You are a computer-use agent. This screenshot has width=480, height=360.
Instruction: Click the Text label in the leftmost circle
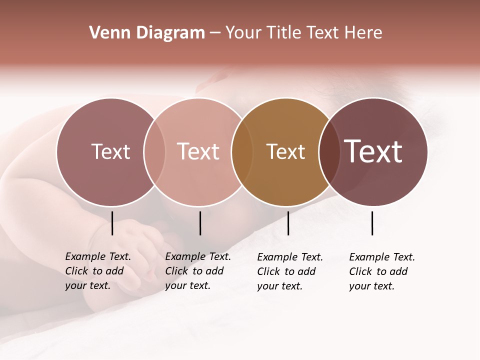coord(110,151)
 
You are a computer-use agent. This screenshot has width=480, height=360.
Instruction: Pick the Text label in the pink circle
coord(198,151)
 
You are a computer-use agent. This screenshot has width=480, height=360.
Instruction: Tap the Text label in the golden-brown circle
coord(285,151)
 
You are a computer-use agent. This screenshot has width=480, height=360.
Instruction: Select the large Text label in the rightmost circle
coord(373,151)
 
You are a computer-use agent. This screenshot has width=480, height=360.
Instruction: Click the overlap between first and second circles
coord(154,151)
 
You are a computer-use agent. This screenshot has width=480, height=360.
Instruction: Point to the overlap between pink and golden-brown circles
coord(242,151)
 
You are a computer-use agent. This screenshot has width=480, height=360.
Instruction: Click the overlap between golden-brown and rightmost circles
coord(329,151)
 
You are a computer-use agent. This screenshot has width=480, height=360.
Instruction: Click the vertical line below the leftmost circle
coord(112,223)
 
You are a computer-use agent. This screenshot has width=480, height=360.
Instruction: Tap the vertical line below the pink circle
coord(200,223)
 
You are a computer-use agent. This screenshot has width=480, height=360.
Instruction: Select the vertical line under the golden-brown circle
coord(288,223)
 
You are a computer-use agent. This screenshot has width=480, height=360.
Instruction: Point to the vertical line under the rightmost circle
coord(372,223)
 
